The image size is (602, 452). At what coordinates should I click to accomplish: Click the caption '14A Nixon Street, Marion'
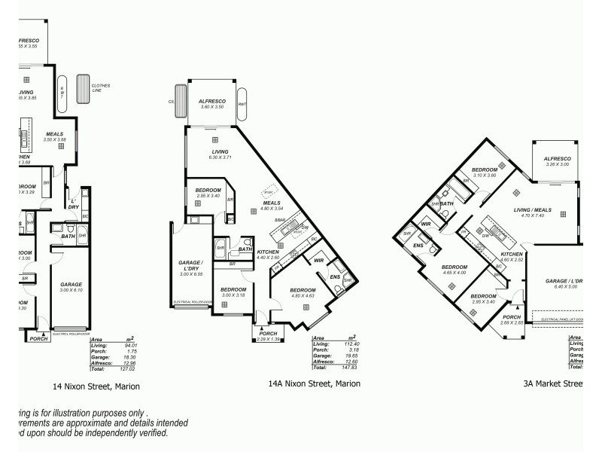(314, 383)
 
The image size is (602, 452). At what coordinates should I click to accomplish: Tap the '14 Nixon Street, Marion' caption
(96, 386)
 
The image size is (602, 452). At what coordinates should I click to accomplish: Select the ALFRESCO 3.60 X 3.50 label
(213, 104)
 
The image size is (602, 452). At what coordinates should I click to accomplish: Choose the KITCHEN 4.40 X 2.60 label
(268, 255)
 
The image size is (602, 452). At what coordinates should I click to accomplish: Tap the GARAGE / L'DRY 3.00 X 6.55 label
(188, 268)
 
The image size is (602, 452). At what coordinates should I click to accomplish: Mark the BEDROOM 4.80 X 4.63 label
(303, 293)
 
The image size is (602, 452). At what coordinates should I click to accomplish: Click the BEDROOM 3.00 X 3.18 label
(233, 292)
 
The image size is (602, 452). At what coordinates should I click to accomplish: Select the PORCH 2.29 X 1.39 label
(269, 337)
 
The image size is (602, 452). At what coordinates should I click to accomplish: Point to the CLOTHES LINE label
(101, 87)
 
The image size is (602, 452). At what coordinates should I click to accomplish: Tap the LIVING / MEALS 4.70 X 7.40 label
(532, 212)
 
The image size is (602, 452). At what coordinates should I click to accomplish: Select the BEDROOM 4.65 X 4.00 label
(454, 270)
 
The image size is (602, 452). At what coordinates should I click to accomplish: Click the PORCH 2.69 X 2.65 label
(512, 320)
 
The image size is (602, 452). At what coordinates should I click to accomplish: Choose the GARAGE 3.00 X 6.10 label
(71, 287)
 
